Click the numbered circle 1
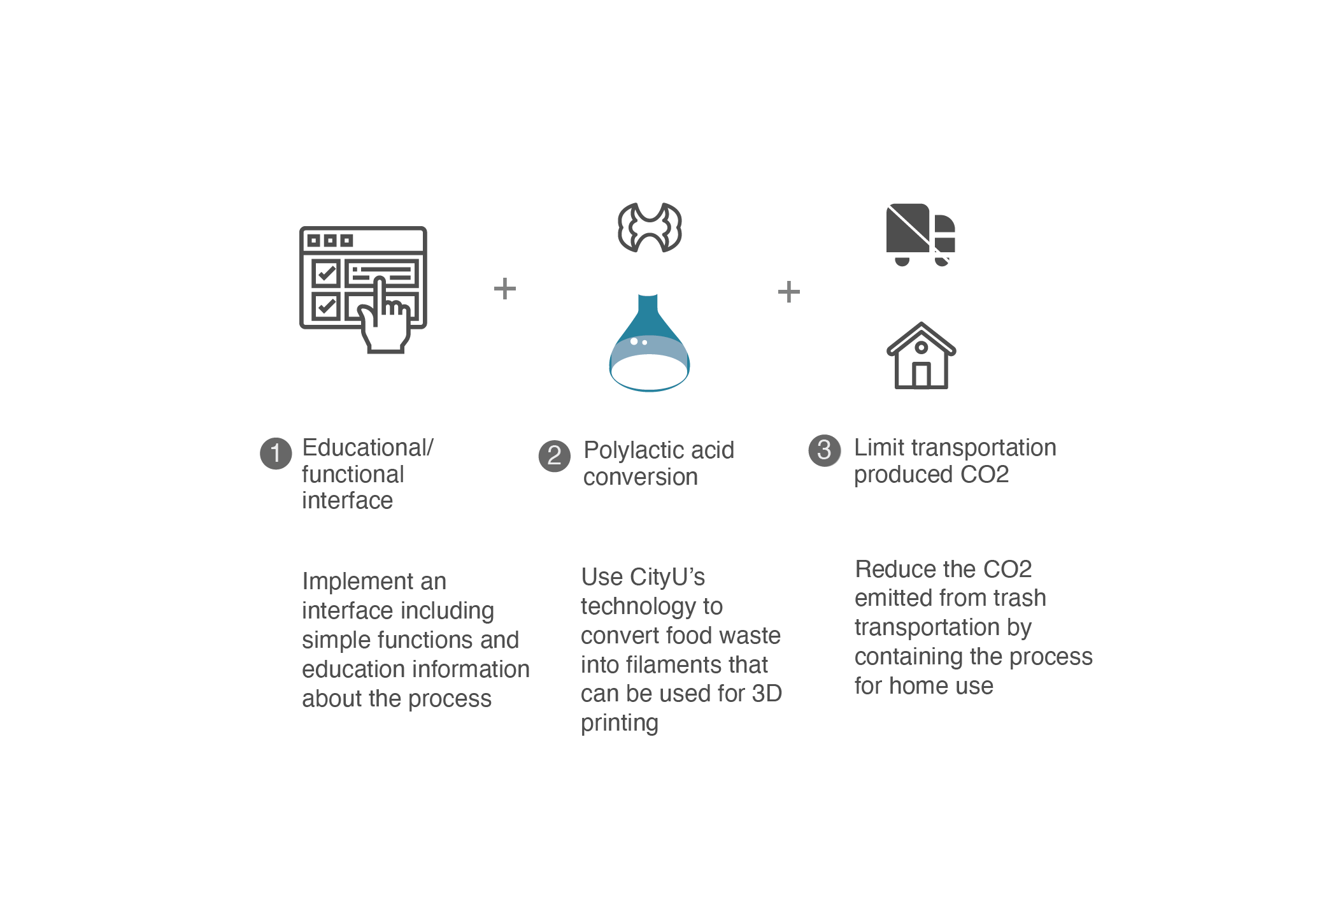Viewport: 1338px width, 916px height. (276, 454)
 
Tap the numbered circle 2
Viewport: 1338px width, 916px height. (554, 456)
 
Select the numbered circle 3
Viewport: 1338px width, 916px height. (824, 450)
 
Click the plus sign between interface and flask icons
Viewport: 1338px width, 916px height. (505, 289)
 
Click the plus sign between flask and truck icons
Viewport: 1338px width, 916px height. (788, 292)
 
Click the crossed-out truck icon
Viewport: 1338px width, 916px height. (918, 236)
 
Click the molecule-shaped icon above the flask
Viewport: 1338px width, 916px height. (650, 227)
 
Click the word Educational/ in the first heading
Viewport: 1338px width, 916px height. (367, 448)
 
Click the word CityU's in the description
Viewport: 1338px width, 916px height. (667, 577)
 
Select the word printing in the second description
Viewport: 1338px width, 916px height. (619, 724)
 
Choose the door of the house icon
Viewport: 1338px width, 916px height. (921, 375)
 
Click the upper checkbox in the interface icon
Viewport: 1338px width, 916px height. (326, 274)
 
